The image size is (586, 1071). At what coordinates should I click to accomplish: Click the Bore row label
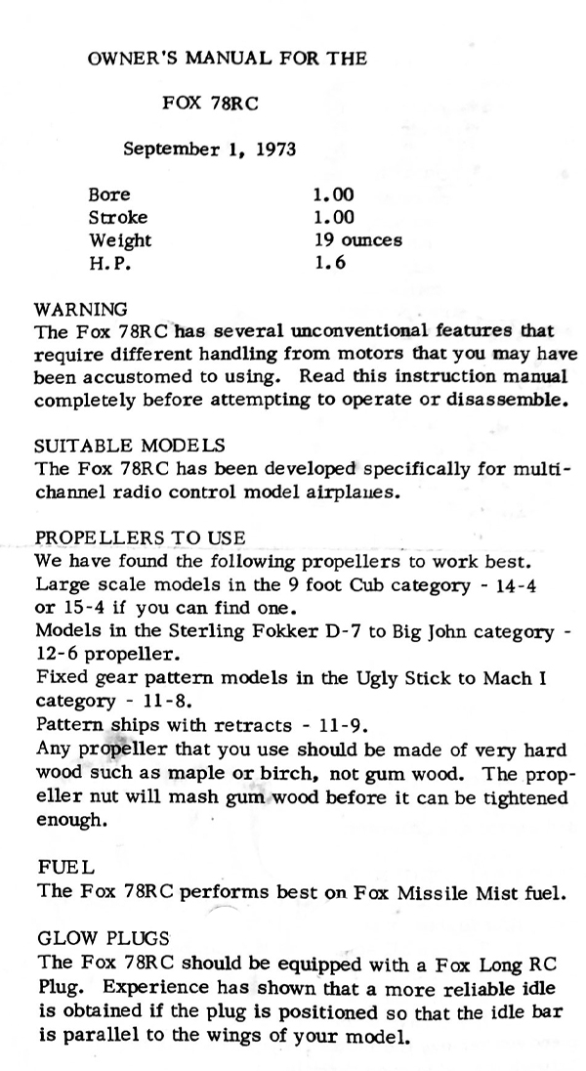point(108,194)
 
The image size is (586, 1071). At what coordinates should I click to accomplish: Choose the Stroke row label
point(117,217)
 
